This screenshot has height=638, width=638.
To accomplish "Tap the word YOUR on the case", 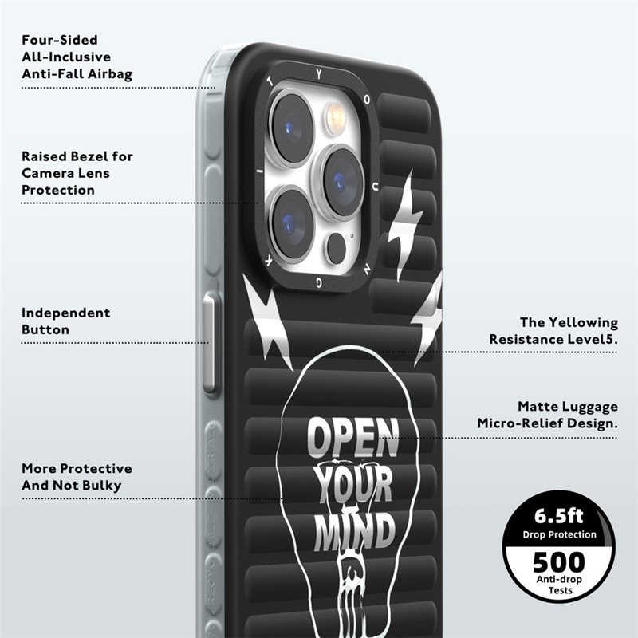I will coord(353,483).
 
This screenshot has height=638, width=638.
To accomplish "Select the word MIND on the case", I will coord(354,530).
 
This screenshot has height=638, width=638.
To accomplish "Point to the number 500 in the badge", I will coord(558,562).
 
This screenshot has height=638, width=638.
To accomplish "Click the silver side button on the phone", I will coord(211,341).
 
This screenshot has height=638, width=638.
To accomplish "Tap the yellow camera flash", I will coord(333,120).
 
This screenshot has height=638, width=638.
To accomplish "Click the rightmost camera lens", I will coord(340,182).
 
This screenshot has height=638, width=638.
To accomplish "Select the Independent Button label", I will coord(65,321).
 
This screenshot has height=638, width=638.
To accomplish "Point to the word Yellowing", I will coord(580,322).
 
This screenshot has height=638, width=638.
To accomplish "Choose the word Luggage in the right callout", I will coord(587,407).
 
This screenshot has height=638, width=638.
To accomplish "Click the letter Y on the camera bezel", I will coord(319,73).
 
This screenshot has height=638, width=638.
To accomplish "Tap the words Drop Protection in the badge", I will coord(559,534).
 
